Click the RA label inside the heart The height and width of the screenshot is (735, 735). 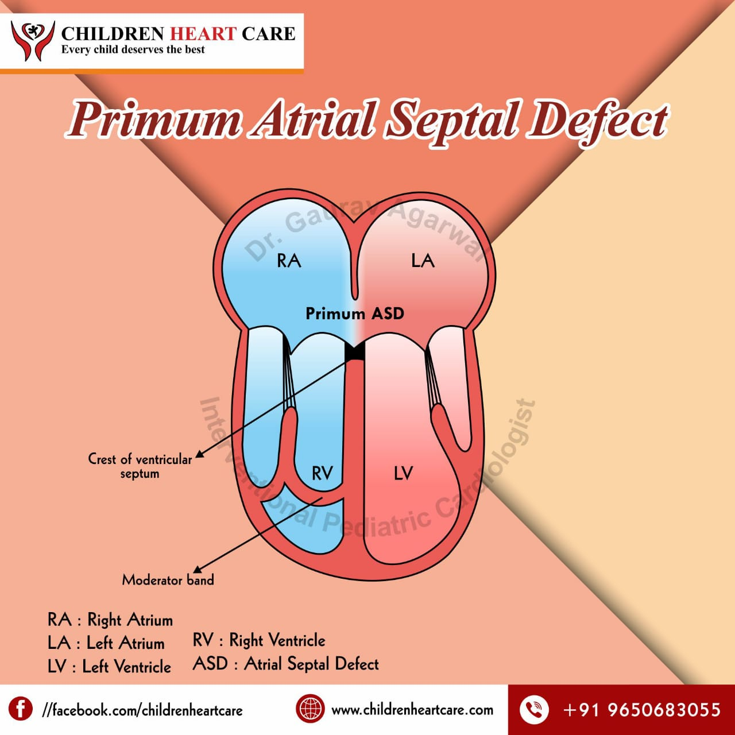point(289,261)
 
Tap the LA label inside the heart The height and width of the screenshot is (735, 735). point(423,261)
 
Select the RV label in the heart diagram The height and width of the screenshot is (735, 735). point(322,473)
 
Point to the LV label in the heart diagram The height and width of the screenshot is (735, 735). point(403,473)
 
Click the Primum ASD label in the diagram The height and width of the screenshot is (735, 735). point(354,314)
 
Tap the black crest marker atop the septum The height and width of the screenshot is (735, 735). point(354,351)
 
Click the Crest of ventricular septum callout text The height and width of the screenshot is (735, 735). point(140,466)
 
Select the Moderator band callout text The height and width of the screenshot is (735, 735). point(168,580)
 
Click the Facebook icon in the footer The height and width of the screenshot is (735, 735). point(21,709)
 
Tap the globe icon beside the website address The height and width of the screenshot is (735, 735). point(310,709)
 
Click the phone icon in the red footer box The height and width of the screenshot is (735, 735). point(534,709)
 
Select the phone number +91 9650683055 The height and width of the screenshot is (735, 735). point(642,710)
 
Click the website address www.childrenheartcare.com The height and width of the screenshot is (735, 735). point(412,710)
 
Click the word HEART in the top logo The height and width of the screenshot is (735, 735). point(204,33)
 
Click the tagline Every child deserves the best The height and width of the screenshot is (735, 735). point(133,50)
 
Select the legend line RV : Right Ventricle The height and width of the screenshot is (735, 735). point(259,640)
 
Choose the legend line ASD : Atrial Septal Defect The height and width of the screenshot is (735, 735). point(286,664)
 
